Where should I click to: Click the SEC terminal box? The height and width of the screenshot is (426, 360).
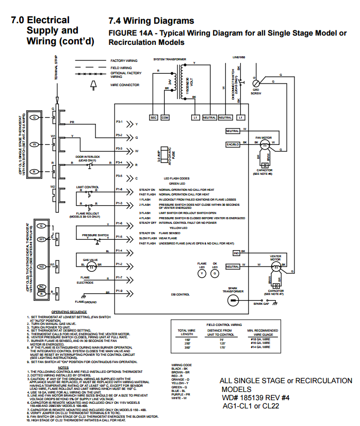153,118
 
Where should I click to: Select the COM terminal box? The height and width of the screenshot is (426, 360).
165,118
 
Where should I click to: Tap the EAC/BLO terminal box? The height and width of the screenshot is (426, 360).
233,144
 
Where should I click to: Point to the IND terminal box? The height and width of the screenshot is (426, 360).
236,253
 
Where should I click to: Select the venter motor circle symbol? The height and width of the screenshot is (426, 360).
277,266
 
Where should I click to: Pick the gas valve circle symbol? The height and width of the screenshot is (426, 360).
92,266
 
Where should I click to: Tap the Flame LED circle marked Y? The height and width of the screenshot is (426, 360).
202,274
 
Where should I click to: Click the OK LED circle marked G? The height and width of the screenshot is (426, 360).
216,274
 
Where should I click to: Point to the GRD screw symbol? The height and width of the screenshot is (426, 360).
255,83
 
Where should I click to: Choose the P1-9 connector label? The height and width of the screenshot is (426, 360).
119,291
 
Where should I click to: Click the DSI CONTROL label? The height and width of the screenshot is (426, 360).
180,294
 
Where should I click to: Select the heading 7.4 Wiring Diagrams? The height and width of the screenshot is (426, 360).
151,21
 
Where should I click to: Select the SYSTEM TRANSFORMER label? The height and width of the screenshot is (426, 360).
170,59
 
